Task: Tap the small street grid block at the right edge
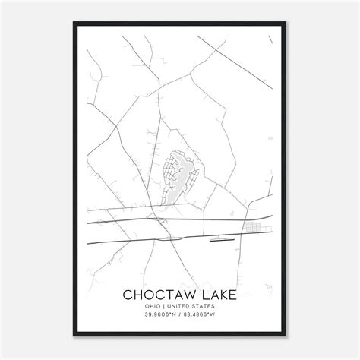click(252, 226)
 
